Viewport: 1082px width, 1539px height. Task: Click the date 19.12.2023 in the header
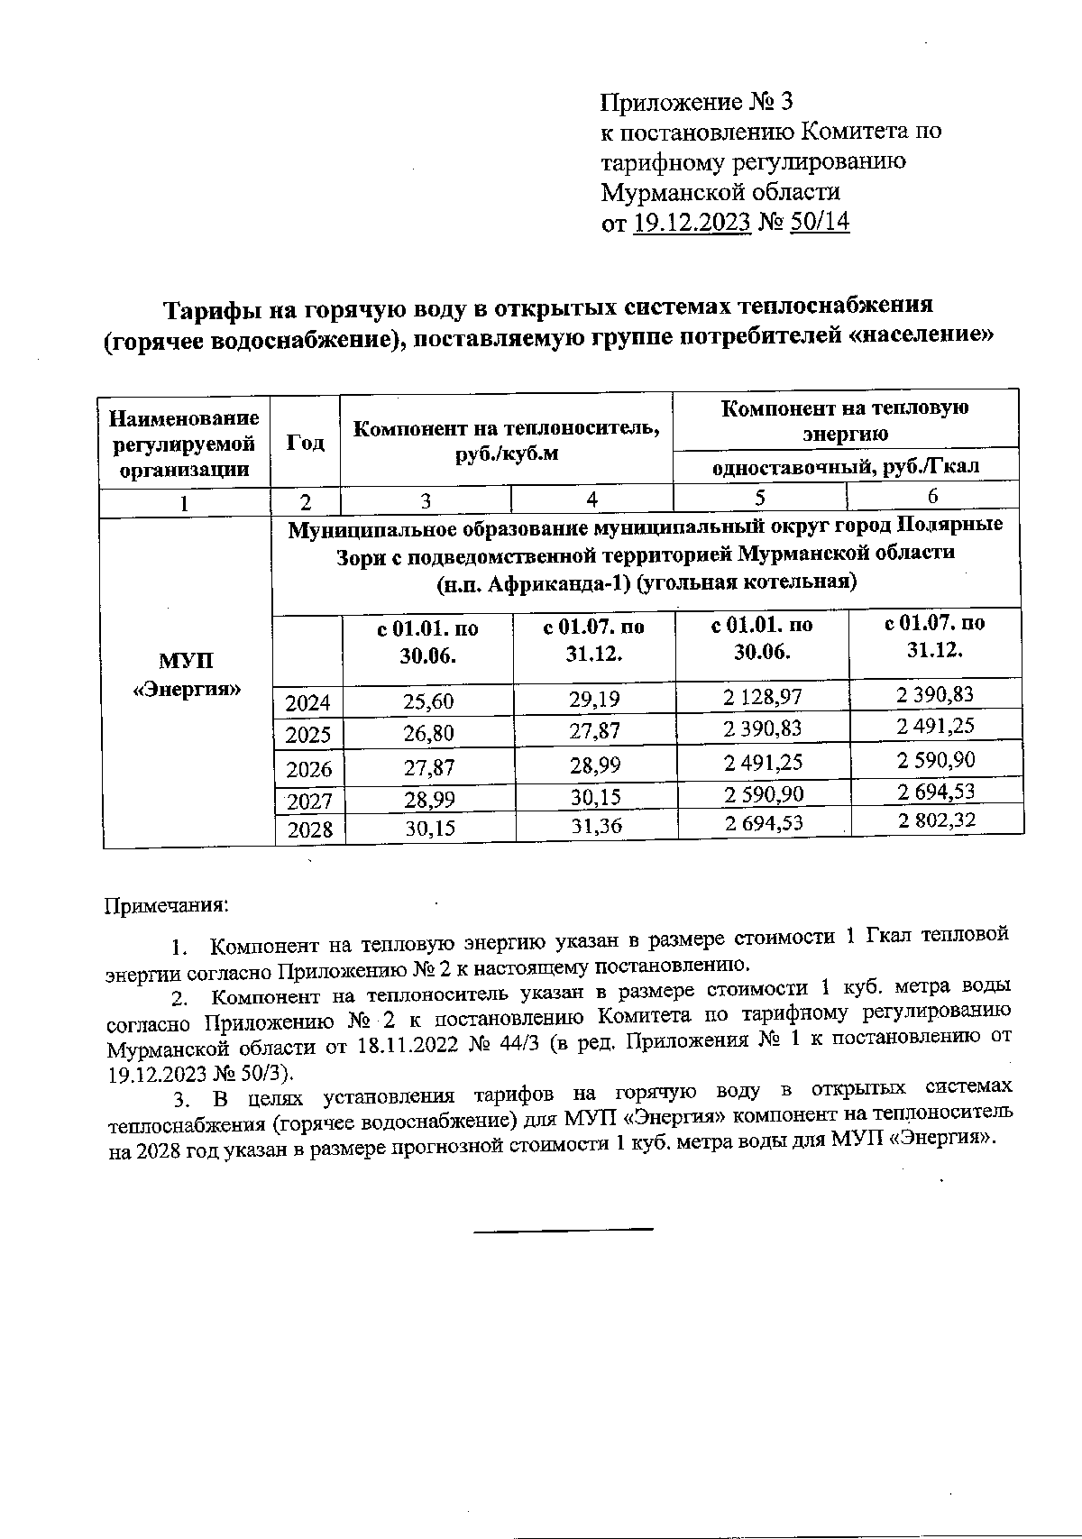692,222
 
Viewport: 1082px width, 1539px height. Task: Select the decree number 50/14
819,222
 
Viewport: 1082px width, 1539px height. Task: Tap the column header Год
306,443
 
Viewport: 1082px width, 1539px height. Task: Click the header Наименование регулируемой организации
185,443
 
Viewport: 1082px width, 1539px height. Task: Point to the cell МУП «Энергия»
187,675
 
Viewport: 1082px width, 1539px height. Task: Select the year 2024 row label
308,702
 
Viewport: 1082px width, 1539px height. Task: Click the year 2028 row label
309,829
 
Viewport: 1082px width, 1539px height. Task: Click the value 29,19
594,699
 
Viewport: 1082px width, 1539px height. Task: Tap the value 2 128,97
763,697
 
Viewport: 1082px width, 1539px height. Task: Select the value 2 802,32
936,820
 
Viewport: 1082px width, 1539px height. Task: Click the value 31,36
596,825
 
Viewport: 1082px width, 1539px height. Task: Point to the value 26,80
428,733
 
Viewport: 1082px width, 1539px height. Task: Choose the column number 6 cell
933,496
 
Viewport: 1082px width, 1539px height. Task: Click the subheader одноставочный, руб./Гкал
846,467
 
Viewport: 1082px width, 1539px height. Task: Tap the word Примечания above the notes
168,903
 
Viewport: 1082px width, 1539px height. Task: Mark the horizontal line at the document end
563,1229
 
